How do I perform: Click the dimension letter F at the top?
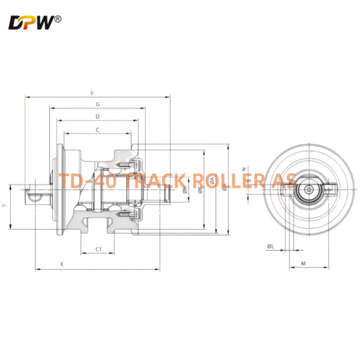[x=91, y=93]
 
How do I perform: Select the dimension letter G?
[x=97, y=104]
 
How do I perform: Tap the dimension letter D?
[x=97, y=116]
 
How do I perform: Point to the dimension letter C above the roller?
[x=97, y=130]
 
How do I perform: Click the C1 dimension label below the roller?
[x=98, y=248]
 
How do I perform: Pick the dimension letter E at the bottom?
[x=62, y=264]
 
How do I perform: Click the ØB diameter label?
[x=199, y=191]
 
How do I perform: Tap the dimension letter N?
[x=243, y=169]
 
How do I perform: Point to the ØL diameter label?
[x=271, y=246]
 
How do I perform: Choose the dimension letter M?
[x=303, y=263]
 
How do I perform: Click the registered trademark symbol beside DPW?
[x=58, y=19]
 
